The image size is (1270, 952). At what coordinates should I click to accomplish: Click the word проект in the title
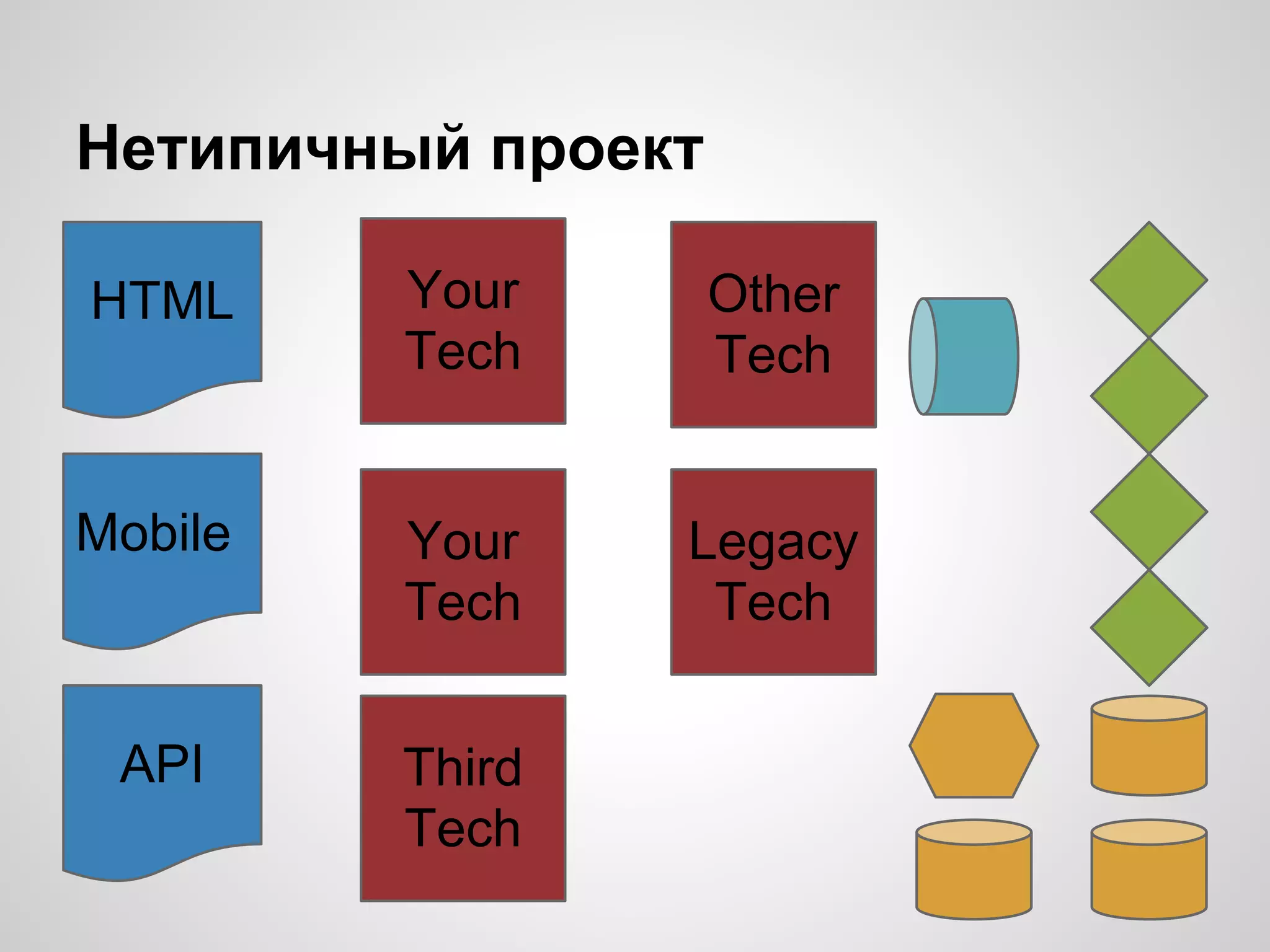pyautogui.click(x=597, y=152)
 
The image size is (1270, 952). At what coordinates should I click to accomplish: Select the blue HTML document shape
pyautogui.click(x=162, y=316)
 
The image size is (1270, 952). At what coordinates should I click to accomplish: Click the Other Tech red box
pyautogui.click(x=773, y=324)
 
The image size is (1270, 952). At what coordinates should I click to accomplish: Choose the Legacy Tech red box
pyautogui.click(x=773, y=571)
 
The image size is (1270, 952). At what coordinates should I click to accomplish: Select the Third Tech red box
pyautogui.click(x=463, y=798)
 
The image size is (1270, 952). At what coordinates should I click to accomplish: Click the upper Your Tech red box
pyautogui.click(x=463, y=321)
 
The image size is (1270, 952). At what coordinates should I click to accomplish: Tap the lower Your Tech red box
pyautogui.click(x=463, y=571)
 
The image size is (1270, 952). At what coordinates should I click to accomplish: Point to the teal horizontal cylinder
pyautogui.click(x=964, y=356)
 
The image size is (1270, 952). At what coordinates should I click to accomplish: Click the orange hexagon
pyautogui.click(x=974, y=746)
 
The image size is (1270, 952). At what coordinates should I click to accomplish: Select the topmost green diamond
pyautogui.click(x=1148, y=280)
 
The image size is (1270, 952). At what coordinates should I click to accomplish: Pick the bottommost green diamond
pyautogui.click(x=1148, y=627)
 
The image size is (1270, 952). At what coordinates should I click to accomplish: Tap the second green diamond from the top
pyautogui.click(x=1148, y=395)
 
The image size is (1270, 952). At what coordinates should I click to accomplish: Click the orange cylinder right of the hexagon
pyautogui.click(x=1148, y=746)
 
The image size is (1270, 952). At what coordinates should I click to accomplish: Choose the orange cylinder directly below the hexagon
pyautogui.click(x=974, y=870)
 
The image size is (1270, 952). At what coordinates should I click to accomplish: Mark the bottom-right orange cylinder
pyautogui.click(x=1148, y=870)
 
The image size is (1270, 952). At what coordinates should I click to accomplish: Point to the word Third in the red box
pyautogui.click(x=463, y=767)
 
